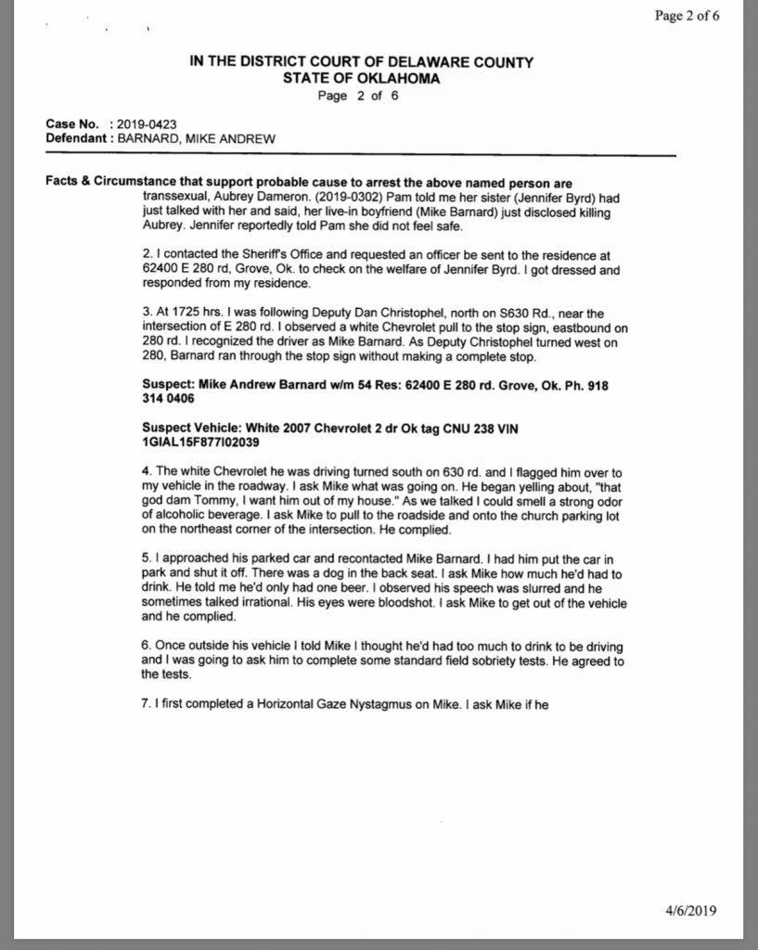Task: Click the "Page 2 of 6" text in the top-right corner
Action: (687, 15)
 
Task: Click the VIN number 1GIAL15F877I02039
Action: (196, 443)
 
